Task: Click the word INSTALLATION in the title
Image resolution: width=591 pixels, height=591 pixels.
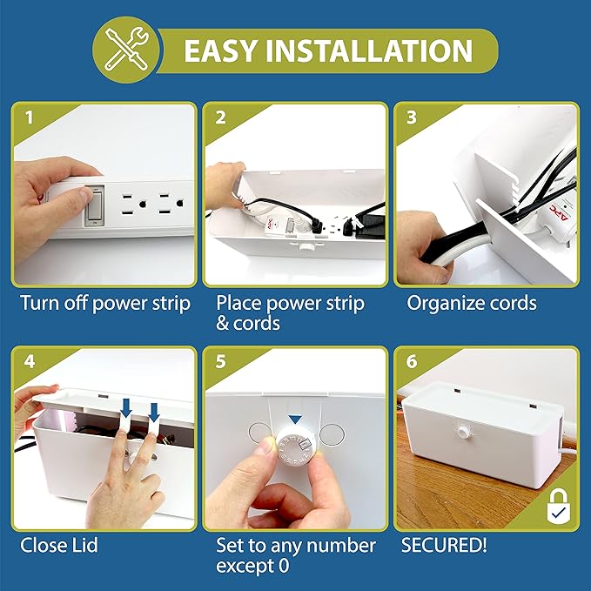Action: pos(378,50)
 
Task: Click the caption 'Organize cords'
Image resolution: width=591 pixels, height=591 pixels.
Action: pos(472,304)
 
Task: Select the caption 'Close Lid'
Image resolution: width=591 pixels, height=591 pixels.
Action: pos(59,546)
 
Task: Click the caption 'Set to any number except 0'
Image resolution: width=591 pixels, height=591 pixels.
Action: pos(296,556)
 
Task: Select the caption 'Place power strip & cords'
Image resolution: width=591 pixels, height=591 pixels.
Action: pos(290,313)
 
